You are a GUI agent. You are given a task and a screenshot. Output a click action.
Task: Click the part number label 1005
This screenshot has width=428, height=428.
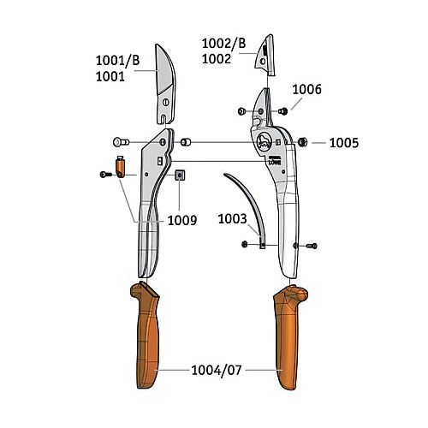pos(344,143)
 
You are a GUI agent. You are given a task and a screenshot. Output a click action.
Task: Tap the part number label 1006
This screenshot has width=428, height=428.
pos(306,89)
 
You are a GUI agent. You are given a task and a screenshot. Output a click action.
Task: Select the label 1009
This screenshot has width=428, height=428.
pos(182,220)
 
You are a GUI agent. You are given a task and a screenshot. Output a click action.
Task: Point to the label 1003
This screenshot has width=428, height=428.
pos(232,219)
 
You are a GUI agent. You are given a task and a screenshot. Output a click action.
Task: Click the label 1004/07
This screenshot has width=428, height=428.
pos(217,371)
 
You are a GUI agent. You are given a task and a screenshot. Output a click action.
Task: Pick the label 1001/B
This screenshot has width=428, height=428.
pos(117,61)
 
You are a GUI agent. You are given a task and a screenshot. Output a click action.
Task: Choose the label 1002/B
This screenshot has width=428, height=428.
pos(223,44)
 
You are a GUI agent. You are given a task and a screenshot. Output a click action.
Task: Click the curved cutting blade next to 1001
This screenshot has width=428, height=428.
pos(165,85)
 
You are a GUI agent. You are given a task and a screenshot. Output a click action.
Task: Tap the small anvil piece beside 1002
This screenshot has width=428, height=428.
pos(265,56)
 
